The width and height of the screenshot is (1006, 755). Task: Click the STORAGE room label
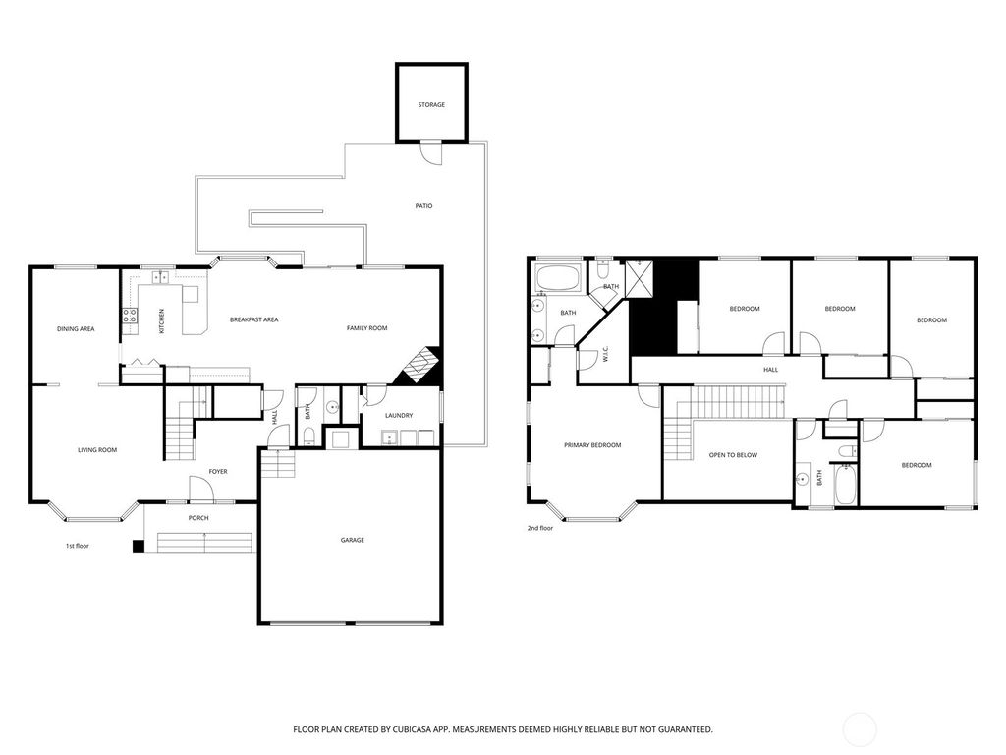coord(431,104)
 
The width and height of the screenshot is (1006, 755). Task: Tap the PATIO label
coord(423,206)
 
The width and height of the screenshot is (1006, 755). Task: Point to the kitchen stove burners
coord(129,316)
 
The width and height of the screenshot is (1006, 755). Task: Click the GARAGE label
coord(352,540)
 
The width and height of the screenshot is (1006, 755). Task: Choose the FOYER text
coord(217,472)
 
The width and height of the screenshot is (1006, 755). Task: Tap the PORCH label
coord(198,518)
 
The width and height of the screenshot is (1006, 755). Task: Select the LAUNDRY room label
coord(398,416)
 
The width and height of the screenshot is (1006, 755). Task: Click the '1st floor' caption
coord(78,545)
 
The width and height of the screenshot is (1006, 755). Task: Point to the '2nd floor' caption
coord(540,528)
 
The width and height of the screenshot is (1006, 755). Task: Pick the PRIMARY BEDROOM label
coord(592,445)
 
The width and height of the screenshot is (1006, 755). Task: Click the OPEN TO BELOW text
coord(734,455)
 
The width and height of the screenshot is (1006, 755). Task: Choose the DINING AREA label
coord(76,328)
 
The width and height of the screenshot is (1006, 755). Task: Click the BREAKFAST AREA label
coord(254,319)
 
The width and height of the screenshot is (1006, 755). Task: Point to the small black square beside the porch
coord(138,546)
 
